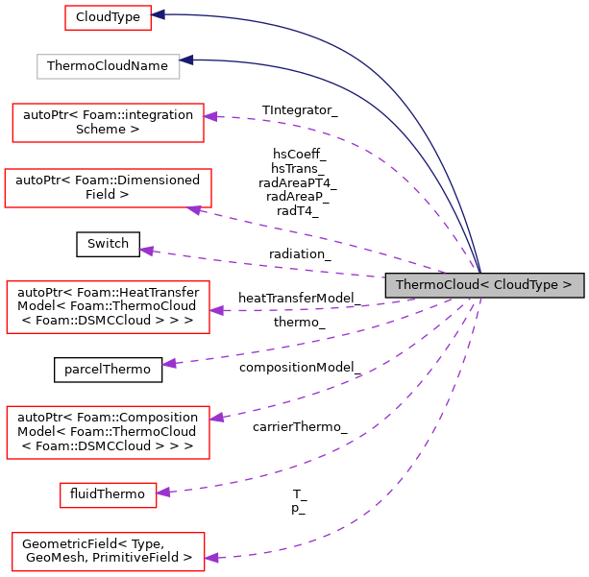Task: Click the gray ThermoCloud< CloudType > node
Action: tap(484, 285)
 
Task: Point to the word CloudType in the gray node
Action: tap(527, 285)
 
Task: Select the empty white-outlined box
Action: tap(109, 66)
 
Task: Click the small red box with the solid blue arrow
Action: tap(108, 17)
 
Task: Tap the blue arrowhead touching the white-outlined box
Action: tap(187, 60)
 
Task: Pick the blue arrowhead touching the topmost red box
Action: tap(159, 14)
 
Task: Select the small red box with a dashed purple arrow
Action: tap(108, 495)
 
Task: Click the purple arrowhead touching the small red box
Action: tap(163, 492)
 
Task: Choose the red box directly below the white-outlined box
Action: tap(108, 123)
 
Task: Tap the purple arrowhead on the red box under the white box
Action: tap(210, 116)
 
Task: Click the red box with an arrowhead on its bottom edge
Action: tap(108, 188)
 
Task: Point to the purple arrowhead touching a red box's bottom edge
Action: tap(194, 208)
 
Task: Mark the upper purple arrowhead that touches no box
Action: tap(146, 251)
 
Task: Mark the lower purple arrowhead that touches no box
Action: tap(169, 363)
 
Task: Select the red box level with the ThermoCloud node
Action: tap(108, 307)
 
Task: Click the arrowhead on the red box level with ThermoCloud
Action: tap(216, 310)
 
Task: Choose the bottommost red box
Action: tap(108, 552)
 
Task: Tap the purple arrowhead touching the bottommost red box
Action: tap(211, 558)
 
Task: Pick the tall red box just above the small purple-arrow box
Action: tap(108, 432)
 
